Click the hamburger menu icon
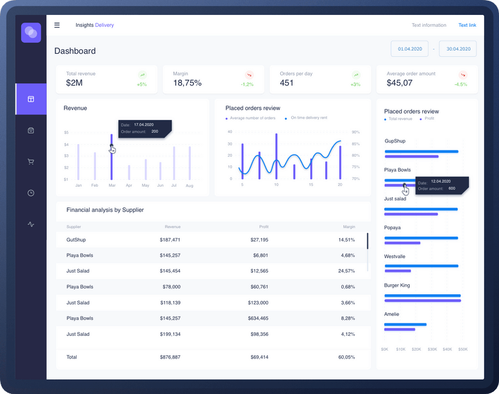(x=57, y=25)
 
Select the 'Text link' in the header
(x=467, y=25)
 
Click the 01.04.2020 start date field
(x=410, y=49)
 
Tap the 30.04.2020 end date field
(x=458, y=49)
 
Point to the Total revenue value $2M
(x=74, y=83)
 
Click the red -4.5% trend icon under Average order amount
(x=462, y=75)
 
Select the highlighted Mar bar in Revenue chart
(x=112, y=156)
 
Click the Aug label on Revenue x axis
(x=189, y=185)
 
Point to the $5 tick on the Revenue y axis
(x=66, y=133)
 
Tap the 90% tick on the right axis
(x=356, y=132)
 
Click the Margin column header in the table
(x=349, y=227)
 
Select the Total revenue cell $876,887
(x=170, y=357)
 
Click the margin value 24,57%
(x=346, y=271)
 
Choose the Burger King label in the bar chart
(x=397, y=285)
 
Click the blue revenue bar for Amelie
(x=405, y=324)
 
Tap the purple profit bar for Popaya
(x=402, y=242)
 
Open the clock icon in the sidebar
(x=31, y=193)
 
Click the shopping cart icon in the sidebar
(x=31, y=162)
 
